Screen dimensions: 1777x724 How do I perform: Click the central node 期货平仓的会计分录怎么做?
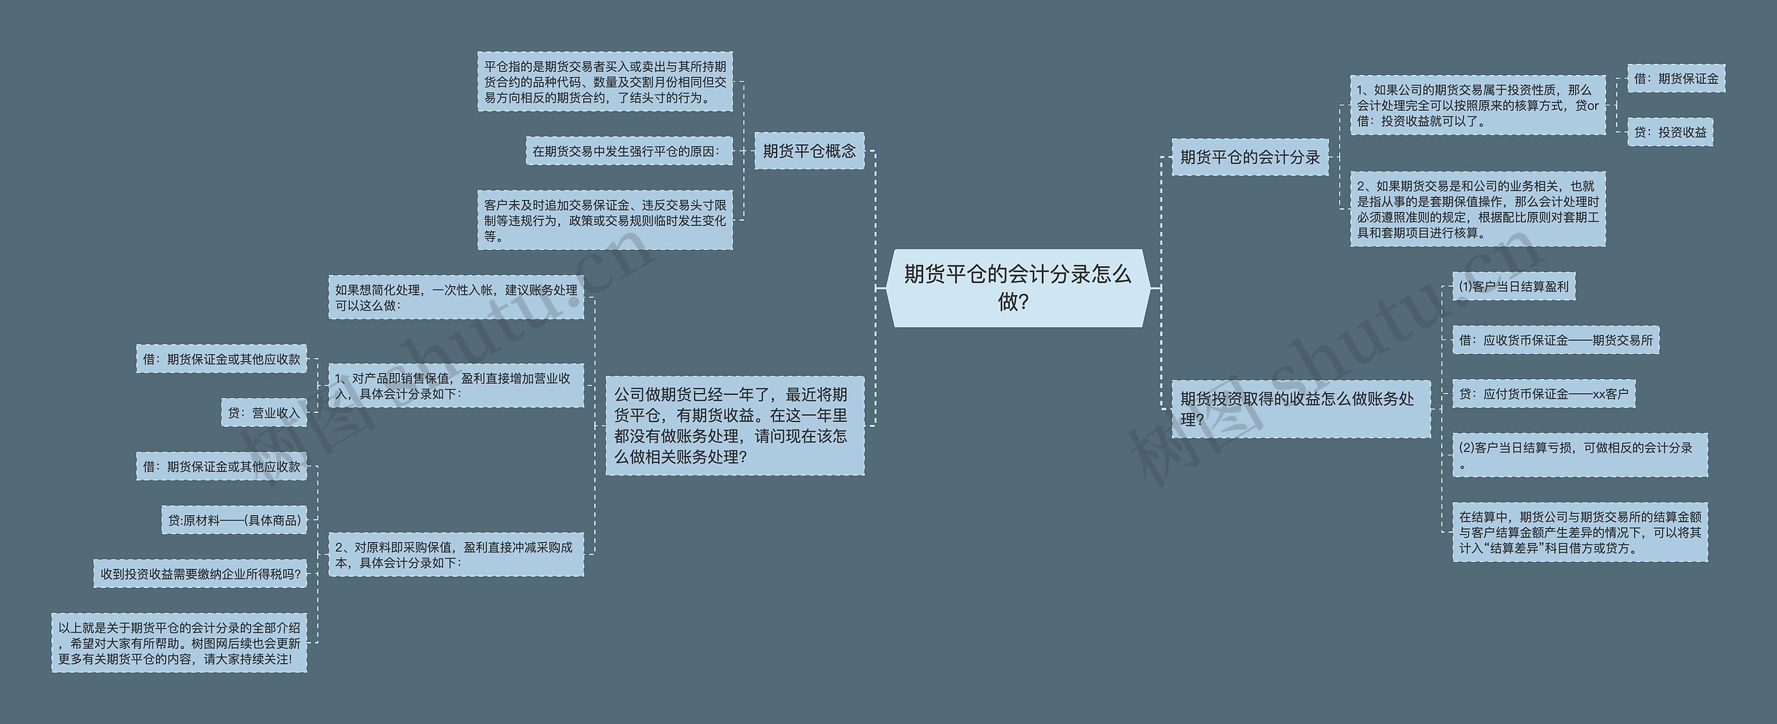(1018, 288)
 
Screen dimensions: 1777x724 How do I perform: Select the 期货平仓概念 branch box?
(809, 151)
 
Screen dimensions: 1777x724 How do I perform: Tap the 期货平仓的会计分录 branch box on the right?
(1249, 157)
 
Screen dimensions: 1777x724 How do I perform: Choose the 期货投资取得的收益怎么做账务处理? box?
(1301, 409)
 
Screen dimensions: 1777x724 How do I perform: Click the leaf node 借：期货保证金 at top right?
(1676, 79)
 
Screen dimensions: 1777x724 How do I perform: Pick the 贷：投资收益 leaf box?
(1669, 132)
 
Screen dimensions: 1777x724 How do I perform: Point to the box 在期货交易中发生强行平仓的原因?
(629, 151)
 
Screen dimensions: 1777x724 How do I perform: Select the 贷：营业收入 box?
(264, 413)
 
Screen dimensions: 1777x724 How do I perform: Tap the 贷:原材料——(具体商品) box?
(235, 520)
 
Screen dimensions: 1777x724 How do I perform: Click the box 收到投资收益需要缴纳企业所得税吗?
(201, 574)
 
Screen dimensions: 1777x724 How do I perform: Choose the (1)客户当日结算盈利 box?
(1513, 286)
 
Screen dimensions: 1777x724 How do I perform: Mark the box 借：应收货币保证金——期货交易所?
(1556, 340)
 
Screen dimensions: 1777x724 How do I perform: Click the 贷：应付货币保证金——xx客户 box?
(1544, 394)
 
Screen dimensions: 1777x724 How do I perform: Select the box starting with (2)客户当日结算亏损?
(1579, 455)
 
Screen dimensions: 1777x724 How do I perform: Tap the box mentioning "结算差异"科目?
(1579, 532)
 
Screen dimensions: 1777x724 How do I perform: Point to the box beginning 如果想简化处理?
(456, 298)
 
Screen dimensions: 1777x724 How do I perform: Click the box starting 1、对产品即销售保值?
(456, 386)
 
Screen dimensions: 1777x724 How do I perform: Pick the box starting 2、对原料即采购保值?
(456, 555)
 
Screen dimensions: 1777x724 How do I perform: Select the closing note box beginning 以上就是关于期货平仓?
(179, 643)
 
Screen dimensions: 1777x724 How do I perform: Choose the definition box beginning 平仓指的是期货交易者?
(605, 82)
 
